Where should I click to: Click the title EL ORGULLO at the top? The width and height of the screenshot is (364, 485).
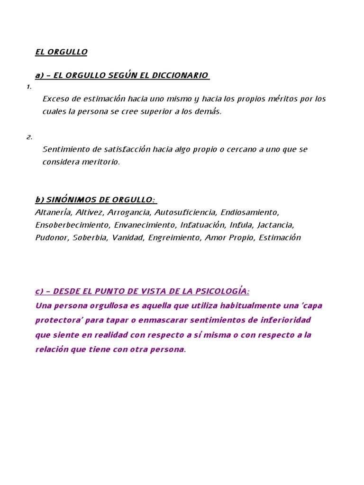click(61, 52)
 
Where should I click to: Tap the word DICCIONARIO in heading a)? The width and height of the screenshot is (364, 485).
click(183, 75)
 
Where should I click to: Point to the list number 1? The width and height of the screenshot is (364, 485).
click(29, 87)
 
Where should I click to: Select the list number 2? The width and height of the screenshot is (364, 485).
click(29, 137)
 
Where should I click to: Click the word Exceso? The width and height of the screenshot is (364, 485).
click(55, 99)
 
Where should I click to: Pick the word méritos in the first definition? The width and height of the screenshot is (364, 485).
click(285, 99)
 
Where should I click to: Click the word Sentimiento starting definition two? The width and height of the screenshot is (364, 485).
click(66, 149)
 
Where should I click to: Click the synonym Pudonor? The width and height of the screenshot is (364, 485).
click(51, 238)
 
